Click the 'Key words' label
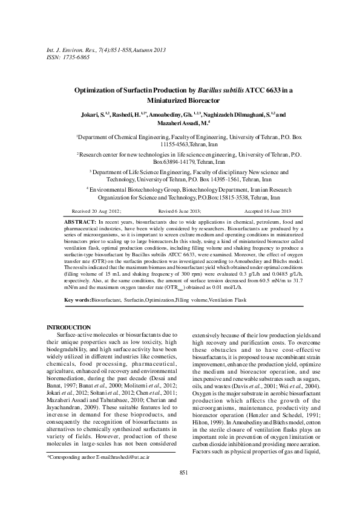pos(78,299)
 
